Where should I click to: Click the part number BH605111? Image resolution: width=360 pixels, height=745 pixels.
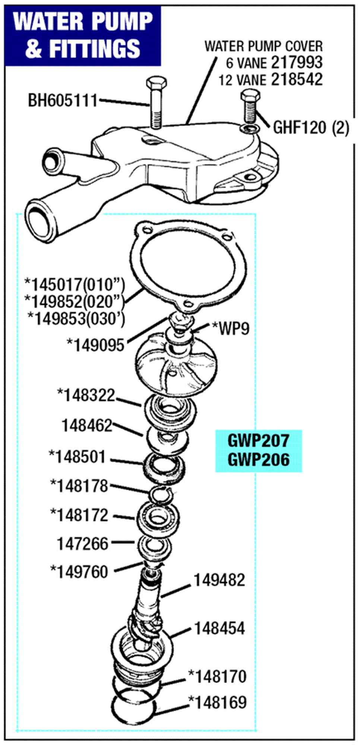(x=63, y=101)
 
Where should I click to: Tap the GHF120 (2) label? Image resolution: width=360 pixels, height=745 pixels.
(x=311, y=128)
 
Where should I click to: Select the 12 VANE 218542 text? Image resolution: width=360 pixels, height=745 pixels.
(x=270, y=80)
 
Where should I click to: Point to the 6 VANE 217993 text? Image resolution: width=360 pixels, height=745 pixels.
(x=274, y=63)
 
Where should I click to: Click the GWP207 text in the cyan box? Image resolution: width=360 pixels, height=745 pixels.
(x=258, y=441)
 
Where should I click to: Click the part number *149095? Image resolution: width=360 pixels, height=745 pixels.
(x=95, y=345)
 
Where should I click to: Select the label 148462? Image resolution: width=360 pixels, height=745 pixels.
(x=87, y=425)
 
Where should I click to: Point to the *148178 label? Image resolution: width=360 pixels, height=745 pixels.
(x=79, y=486)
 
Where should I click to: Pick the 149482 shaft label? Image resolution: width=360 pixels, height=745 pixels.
(x=219, y=580)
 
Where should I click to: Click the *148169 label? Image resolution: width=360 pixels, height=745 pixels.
(x=218, y=702)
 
